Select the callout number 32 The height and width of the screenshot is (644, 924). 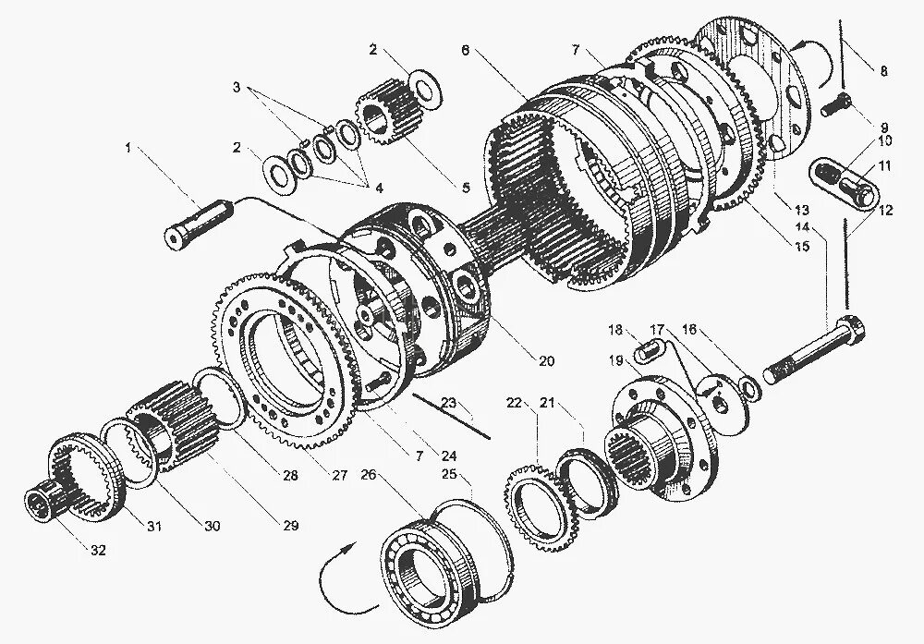click(98, 550)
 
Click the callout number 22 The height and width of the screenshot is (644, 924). click(514, 402)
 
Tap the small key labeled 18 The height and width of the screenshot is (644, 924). click(648, 352)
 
